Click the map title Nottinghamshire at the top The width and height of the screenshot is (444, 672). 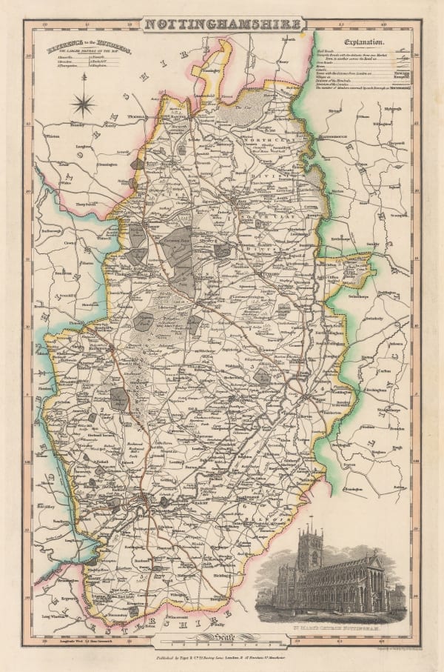coord(221,24)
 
